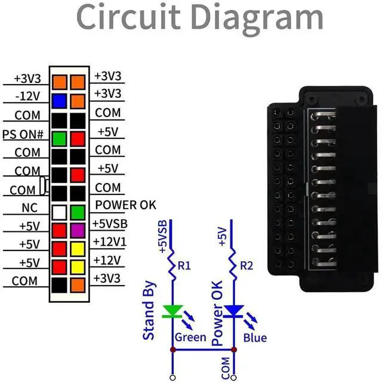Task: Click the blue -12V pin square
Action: point(59,101)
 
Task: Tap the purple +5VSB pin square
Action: point(78,230)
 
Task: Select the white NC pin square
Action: point(59,212)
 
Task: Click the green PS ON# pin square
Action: point(59,139)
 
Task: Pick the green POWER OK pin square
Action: point(78,212)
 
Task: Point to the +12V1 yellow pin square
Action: point(78,249)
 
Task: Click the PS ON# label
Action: point(23,134)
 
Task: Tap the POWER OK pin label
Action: point(125,205)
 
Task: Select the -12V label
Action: point(27,96)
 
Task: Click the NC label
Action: point(30,208)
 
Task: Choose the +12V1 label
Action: point(110,242)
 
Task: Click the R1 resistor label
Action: point(184,266)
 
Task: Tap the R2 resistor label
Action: point(247,266)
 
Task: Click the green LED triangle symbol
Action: point(173,311)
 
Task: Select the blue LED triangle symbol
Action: point(233,311)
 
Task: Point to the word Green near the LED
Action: point(190,337)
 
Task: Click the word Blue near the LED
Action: point(255,338)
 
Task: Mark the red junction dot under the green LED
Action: point(173,349)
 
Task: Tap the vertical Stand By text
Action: point(149,311)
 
